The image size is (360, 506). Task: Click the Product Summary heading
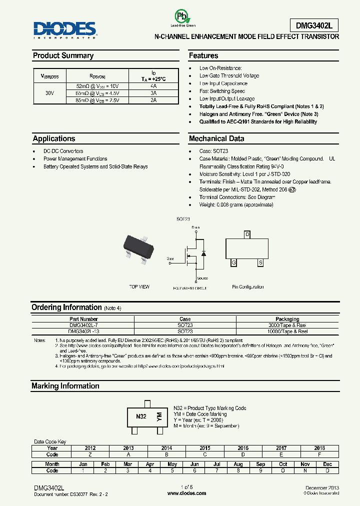pyautogui.click(x=63, y=55)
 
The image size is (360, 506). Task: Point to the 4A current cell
pyautogui.click(x=153, y=86)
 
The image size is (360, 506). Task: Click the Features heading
pyautogui.click(x=203, y=55)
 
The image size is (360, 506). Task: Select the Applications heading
pyautogui.click(x=54, y=138)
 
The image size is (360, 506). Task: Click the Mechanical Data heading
pyautogui.click(x=216, y=138)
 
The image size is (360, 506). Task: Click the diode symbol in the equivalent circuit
pyautogui.click(x=203, y=253)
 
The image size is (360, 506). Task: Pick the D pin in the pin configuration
pyautogui.click(x=247, y=234)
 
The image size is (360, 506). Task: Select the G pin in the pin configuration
pyautogui.click(x=233, y=262)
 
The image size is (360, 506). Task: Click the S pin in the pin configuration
pyautogui.click(x=260, y=262)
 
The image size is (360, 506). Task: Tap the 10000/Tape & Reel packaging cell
pyautogui.click(x=287, y=331)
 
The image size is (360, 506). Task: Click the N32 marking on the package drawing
pyautogui.click(x=141, y=416)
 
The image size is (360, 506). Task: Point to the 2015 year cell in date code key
pyautogui.click(x=204, y=448)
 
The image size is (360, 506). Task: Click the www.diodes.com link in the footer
pyautogui.click(x=186, y=493)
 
